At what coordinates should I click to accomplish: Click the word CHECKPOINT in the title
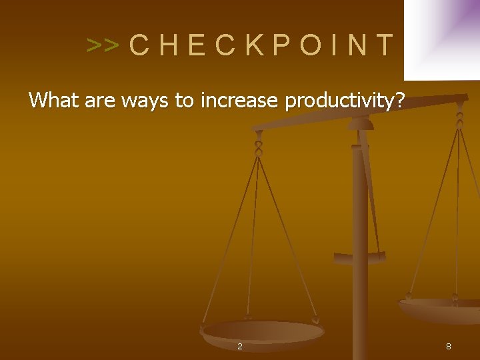(x=261, y=45)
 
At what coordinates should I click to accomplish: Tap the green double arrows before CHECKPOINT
(x=103, y=46)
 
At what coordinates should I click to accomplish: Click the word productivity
(x=338, y=101)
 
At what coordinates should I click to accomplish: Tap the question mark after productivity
(x=399, y=101)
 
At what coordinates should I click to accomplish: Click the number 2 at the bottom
(x=240, y=347)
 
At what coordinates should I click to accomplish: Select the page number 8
(x=449, y=347)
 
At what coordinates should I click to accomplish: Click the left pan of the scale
(x=263, y=331)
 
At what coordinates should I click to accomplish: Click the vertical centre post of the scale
(x=361, y=267)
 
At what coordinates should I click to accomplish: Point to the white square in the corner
(x=441, y=39)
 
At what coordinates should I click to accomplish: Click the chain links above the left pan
(x=259, y=143)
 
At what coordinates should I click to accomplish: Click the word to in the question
(x=184, y=101)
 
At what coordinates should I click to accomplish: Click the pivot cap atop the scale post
(x=361, y=123)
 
